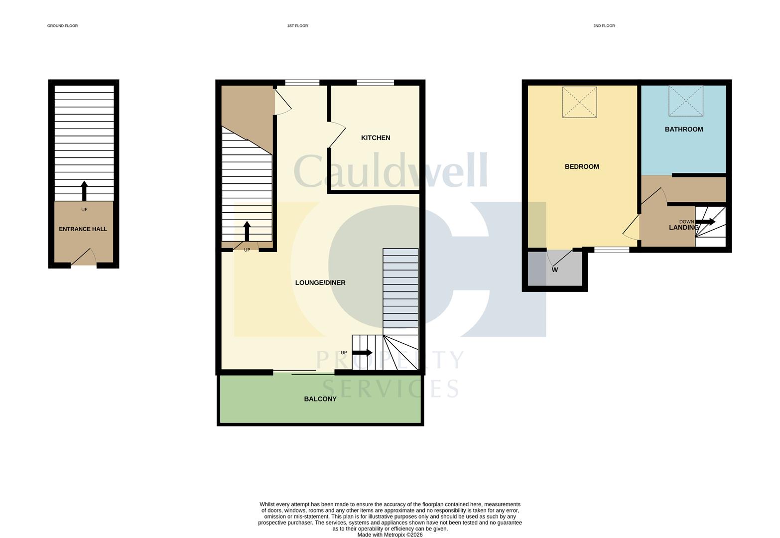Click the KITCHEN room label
[376, 138]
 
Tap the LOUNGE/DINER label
[320, 283]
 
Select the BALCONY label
[320, 399]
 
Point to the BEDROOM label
[582, 167]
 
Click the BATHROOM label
[684, 130]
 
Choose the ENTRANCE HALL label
[83, 229]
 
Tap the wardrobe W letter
[555, 270]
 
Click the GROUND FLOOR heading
[63, 26]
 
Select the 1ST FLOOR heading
[297, 26]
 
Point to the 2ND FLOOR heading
[604, 26]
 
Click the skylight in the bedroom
[579, 103]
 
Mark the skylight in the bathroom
[686, 101]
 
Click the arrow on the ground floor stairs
[84, 191]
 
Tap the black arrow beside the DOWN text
[705, 222]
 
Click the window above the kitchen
[376, 83]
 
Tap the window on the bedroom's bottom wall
[612, 250]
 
